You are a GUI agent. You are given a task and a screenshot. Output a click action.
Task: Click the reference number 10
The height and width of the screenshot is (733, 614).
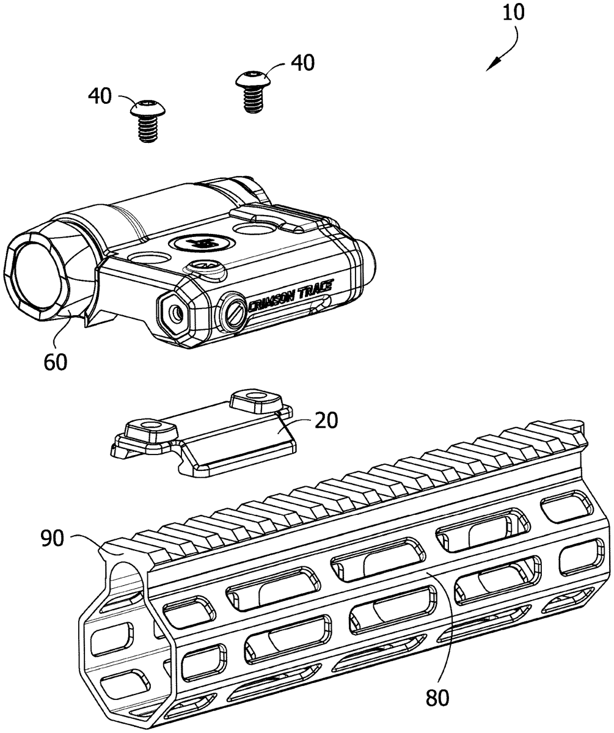[514, 13]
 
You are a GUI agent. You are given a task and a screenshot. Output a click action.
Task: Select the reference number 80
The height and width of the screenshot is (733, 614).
[437, 696]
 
